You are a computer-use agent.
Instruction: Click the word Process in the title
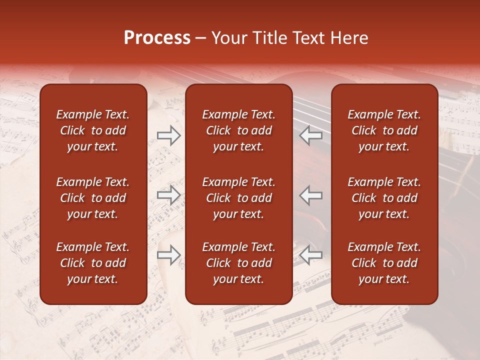coord(157,38)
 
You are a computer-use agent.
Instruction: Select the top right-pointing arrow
coord(169,135)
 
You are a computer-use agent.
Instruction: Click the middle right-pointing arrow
coord(169,195)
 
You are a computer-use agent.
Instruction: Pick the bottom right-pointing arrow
coord(169,255)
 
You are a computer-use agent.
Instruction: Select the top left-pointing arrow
coord(311,135)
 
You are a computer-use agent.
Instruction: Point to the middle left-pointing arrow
coord(311,195)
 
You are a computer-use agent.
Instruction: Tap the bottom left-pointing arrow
coord(311,255)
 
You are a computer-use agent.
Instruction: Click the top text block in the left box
coord(93,130)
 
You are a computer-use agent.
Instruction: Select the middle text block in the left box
coord(93,198)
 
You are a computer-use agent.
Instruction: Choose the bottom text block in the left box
coord(93,263)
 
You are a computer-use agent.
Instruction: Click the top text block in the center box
coord(238,130)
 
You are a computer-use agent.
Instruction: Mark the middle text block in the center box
coord(238,198)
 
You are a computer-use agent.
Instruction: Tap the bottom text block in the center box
coord(238,263)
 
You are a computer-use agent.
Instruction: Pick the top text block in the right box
coord(384,130)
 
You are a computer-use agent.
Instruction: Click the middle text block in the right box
coord(384,198)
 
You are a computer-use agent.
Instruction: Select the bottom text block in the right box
coord(384,263)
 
